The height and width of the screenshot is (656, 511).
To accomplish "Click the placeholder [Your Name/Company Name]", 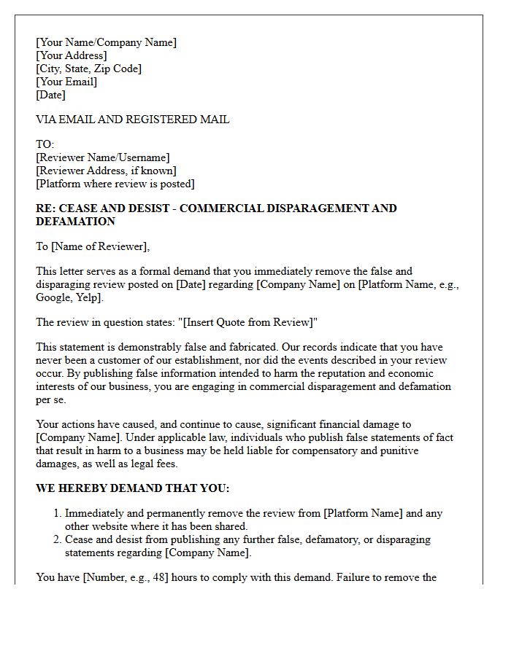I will pos(106,42).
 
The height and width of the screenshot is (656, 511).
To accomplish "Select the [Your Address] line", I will pos(71,55).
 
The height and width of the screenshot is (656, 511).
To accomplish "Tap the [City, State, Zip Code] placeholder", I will pos(88,69).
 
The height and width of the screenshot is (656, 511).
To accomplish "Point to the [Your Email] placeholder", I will pos(66,82).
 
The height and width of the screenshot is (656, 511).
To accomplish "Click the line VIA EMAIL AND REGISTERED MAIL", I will pos(132,120).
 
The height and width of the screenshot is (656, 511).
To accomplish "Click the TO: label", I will pos(45,144).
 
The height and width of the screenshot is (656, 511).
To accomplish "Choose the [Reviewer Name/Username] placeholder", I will pos(102,157).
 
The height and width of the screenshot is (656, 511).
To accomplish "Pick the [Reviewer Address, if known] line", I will pos(106,171).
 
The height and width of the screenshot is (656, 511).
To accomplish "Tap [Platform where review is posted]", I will pos(115,184).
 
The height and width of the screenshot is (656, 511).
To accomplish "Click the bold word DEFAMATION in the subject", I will pos(75,222).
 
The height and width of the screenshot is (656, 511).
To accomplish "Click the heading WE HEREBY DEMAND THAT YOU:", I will pos(132,488).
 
